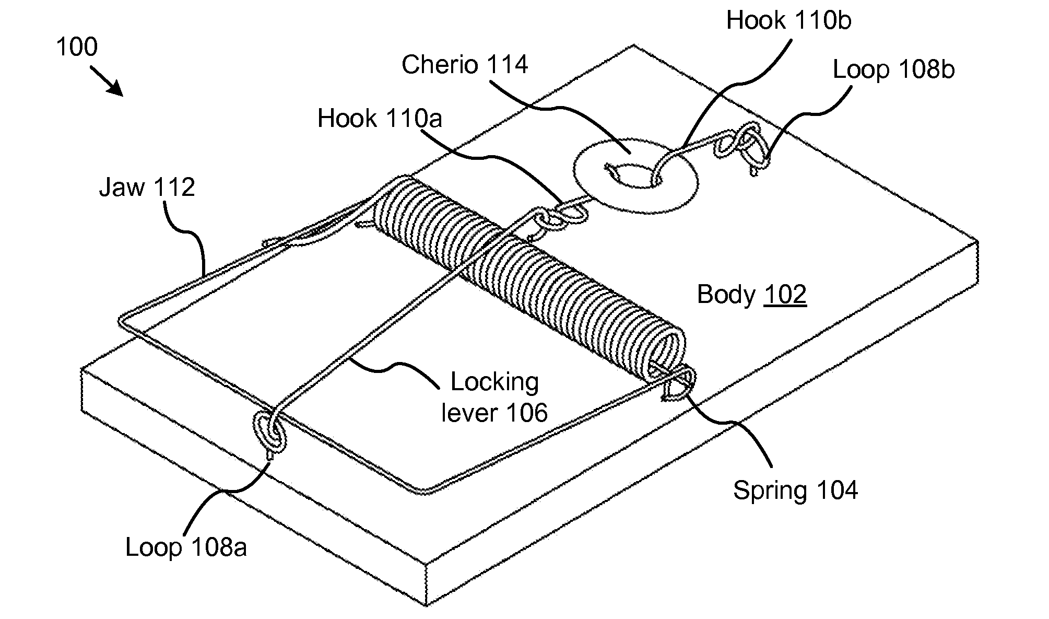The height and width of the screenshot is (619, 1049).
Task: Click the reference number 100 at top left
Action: click(76, 48)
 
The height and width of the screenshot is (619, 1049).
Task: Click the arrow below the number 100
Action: click(107, 81)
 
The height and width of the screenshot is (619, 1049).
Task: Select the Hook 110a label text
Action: click(380, 119)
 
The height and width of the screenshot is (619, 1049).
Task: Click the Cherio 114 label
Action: click(464, 65)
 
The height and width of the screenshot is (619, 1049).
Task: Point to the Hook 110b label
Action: click(788, 21)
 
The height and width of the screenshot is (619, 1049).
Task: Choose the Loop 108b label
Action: click(893, 70)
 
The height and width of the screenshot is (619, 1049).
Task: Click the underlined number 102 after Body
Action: click(785, 295)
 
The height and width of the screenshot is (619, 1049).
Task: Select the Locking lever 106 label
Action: click(494, 398)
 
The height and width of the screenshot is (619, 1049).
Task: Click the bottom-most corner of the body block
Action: click(427, 606)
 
